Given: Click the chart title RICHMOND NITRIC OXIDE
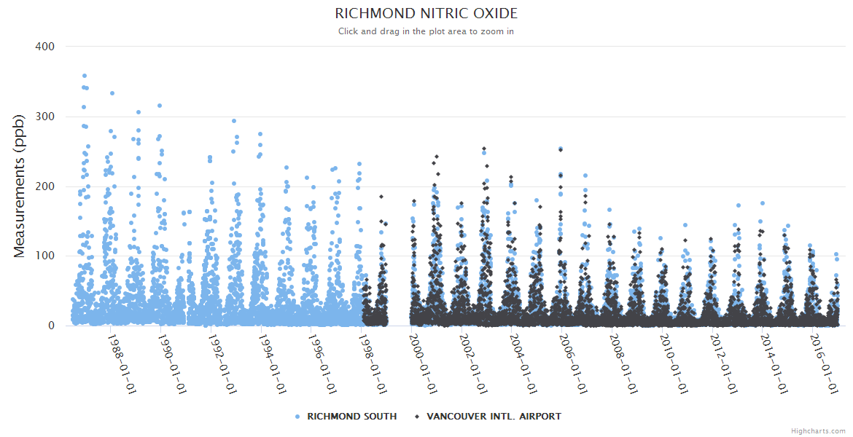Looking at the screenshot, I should (x=426, y=14).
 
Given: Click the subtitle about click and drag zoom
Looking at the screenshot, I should (x=426, y=31).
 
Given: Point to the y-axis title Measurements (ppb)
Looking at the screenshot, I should (x=20, y=186).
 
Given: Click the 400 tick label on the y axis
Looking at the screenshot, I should (x=45, y=47).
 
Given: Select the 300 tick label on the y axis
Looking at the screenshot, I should (x=45, y=117).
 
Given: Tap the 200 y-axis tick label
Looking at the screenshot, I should (x=45, y=186).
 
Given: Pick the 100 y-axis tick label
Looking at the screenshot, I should (x=45, y=256).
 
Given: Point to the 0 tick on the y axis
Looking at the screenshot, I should (x=51, y=326).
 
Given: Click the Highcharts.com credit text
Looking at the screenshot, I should (x=818, y=430).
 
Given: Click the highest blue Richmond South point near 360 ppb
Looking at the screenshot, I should (x=85, y=76).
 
